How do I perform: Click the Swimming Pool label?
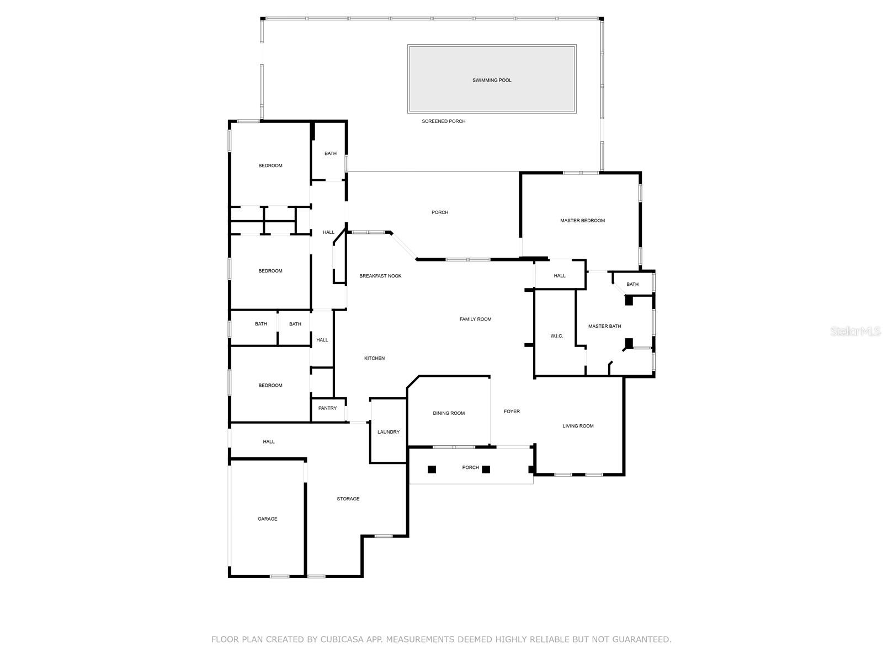(x=492, y=81)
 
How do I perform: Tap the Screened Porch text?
(x=444, y=121)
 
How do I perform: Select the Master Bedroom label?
(x=582, y=221)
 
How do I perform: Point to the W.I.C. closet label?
(x=557, y=336)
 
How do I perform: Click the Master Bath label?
(x=604, y=327)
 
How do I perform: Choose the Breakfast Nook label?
(x=380, y=276)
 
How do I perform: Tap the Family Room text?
(x=475, y=319)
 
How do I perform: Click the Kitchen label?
(x=374, y=359)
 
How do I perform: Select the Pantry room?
(x=327, y=408)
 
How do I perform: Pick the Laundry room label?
(x=389, y=432)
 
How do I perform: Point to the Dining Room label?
(x=449, y=413)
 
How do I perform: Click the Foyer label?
(x=512, y=412)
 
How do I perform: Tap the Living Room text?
(x=578, y=426)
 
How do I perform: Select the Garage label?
(x=267, y=519)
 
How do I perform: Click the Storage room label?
(x=348, y=499)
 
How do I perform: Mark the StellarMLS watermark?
(x=856, y=331)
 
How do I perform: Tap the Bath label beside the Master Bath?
(x=632, y=285)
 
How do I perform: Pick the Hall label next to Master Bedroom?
(x=560, y=276)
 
